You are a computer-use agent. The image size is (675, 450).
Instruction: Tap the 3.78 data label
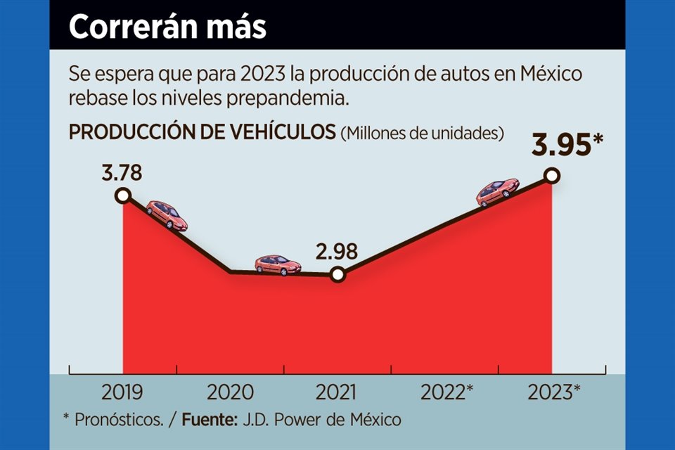pos(122,173)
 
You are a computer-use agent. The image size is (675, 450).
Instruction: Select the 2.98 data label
pos(337,251)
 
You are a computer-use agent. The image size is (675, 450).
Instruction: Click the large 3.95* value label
pos(567,146)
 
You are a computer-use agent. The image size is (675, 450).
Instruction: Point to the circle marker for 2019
pos(123,195)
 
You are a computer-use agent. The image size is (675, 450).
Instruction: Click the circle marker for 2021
pos(337,274)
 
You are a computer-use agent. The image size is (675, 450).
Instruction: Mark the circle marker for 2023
pos(552,175)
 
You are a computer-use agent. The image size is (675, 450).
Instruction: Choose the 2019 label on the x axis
pos(122,392)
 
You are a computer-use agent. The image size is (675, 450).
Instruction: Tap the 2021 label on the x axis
pos(337,392)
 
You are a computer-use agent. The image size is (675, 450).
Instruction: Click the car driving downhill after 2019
pos(167,214)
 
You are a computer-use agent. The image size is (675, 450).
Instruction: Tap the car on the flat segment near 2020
pos(278,264)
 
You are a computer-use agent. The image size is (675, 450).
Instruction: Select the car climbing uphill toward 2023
pos(497,192)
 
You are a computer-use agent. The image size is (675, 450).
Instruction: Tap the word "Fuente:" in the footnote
pos(208,420)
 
